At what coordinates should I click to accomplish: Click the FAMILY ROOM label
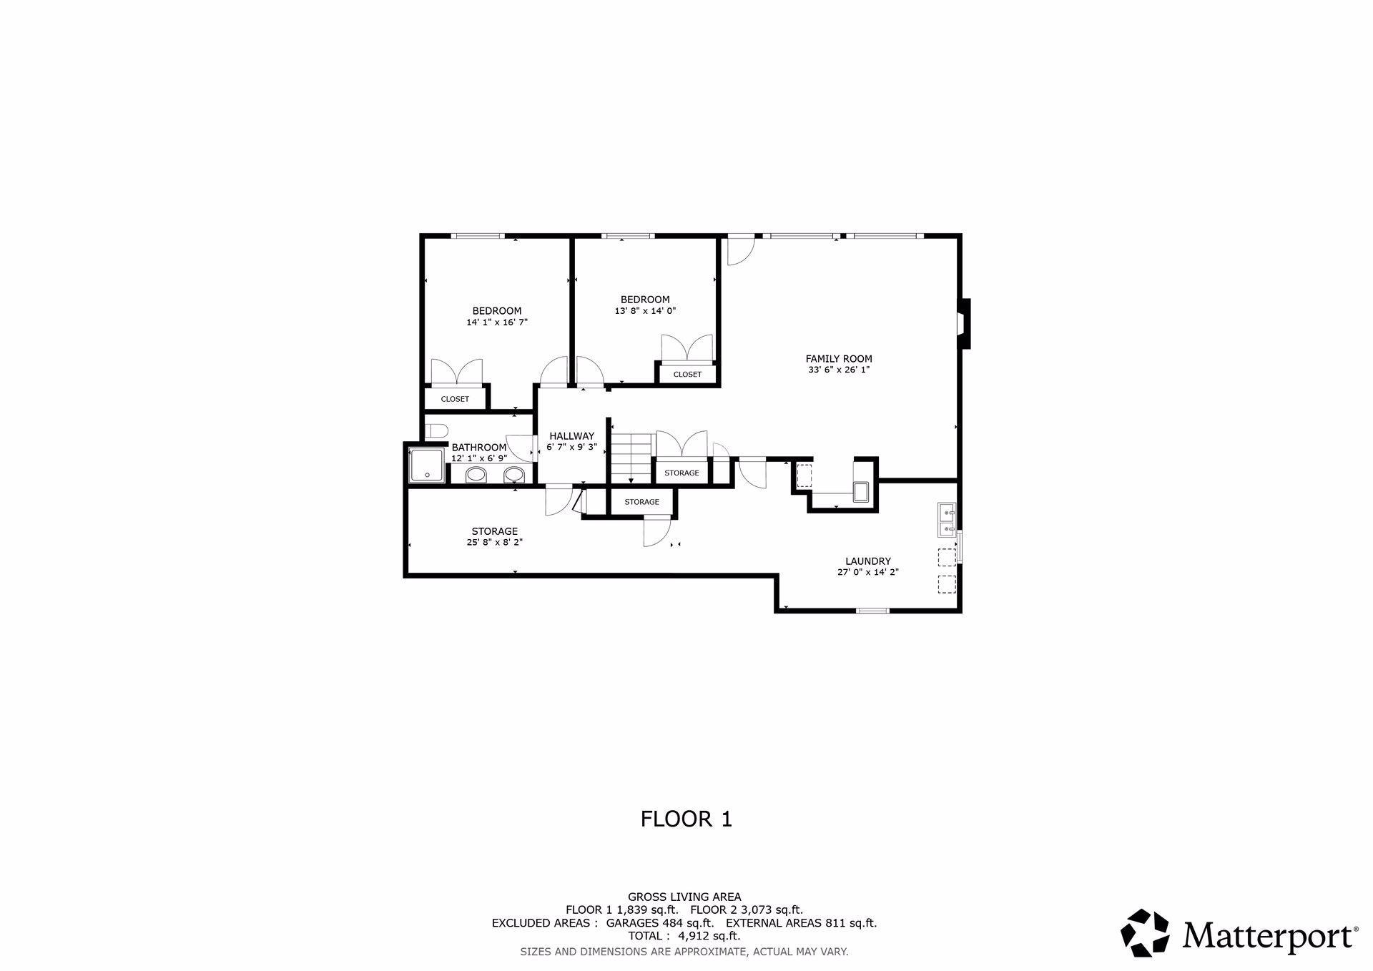pos(839,359)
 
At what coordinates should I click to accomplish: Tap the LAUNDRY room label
pos(867,561)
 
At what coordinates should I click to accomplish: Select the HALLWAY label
pos(571,436)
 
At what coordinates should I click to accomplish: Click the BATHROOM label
pos(479,448)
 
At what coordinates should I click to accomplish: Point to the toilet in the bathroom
pos(436,430)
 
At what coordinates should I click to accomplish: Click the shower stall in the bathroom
pos(427,465)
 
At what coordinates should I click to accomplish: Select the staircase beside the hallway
pos(632,458)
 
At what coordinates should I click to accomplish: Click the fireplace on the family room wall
pos(964,324)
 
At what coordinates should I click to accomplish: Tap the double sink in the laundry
pos(948,520)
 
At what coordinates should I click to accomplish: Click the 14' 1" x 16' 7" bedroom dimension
pos(497,322)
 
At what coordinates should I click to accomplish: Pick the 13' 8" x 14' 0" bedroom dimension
pos(645,311)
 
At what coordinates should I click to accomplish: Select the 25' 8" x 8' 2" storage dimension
pos(495,543)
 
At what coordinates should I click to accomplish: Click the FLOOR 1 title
pos(686,819)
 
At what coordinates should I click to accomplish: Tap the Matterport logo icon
pos(1144,932)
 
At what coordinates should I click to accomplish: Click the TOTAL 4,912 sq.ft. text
pos(684,936)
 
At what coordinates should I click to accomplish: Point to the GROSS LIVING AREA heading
pos(684,897)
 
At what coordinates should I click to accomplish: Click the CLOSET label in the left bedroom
pos(455,399)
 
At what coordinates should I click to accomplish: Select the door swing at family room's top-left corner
pos(741,251)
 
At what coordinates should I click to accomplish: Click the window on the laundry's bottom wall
pos(873,611)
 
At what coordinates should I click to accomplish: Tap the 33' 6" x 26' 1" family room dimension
pos(839,370)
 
